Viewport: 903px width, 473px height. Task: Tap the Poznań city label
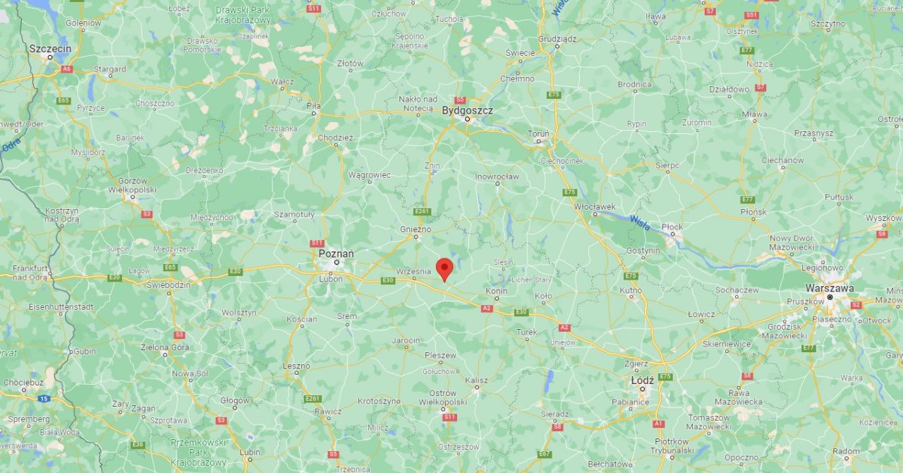tap(337, 253)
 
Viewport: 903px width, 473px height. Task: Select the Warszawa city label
tap(830, 288)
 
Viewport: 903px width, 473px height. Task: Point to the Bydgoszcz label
tap(467, 110)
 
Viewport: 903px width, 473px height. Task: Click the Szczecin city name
tap(50, 48)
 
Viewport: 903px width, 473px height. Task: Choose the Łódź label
tap(642, 380)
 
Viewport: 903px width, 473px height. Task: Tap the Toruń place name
tap(539, 133)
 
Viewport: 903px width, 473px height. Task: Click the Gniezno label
tap(416, 229)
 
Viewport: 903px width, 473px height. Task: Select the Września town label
tap(413, 270)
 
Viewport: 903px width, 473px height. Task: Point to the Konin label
tap(497, 291)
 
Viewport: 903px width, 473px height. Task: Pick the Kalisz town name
tap(476, 381)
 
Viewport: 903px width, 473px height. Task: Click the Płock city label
tap(672, 227)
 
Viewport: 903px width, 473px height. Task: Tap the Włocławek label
tap(595, 206)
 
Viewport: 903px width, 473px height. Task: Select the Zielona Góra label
tap(166, 347)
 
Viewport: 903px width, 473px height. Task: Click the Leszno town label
tap(296, 366)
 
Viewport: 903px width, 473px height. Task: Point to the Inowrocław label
tap(497, 176)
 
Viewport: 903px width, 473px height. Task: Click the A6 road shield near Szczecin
tap(66, 69)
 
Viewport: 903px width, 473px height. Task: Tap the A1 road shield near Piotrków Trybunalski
tap(658, 424)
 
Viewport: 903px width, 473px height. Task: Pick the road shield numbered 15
tap(44, 399)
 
